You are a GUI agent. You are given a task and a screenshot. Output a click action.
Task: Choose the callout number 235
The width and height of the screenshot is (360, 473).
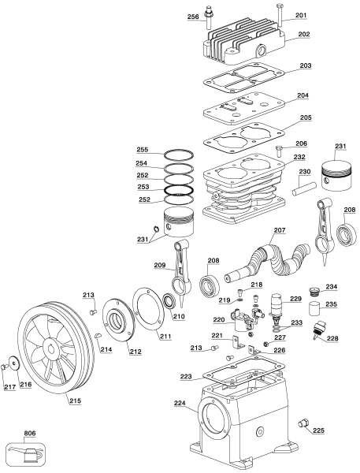coord(332,304)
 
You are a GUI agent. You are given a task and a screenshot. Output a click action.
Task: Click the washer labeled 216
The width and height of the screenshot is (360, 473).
coord(12,366)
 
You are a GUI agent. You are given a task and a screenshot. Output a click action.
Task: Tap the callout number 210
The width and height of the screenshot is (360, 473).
coord(179,318)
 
